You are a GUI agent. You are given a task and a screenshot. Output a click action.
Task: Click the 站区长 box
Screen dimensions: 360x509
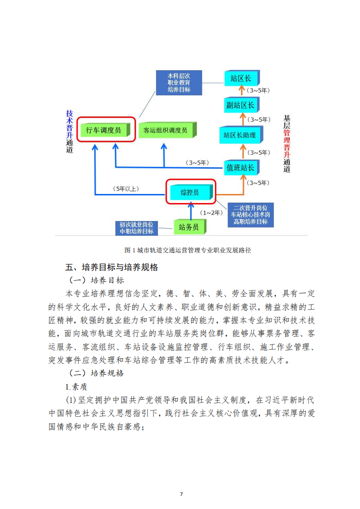[242, 78]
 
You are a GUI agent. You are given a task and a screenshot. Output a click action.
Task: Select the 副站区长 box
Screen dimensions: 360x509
[242, 105]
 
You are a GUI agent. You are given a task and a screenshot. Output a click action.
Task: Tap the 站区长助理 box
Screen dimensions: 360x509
[241, 135]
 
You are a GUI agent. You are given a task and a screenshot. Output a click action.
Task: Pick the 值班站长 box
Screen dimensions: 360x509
[242, 168]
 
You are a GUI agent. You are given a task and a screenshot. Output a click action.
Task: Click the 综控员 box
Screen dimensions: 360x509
[191, 192]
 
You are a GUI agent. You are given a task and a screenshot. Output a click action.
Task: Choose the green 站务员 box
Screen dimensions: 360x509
[190, 227]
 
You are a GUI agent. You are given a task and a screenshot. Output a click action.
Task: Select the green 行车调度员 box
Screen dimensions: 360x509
[105, 130]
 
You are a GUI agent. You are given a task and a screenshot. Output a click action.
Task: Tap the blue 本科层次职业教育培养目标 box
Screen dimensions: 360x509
[179, 83]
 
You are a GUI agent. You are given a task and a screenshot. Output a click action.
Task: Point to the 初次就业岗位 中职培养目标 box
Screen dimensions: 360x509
[136, 228]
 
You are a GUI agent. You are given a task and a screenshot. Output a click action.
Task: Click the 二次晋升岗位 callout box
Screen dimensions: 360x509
[251, 215]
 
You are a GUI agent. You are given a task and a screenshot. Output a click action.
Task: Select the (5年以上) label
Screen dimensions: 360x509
[126, 189]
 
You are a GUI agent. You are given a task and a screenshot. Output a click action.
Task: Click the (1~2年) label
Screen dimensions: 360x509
[211, 213]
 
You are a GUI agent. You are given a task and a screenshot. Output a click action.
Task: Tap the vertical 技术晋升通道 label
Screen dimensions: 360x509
[69, 131]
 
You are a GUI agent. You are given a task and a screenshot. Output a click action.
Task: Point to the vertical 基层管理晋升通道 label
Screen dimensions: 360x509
[287, 143]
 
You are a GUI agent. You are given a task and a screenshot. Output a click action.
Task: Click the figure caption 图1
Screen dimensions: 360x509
[188, 250]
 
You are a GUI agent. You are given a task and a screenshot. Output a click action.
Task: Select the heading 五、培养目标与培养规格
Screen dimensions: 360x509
[112, 267]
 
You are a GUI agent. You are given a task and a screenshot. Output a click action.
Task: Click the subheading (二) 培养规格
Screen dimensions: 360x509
[97, 373]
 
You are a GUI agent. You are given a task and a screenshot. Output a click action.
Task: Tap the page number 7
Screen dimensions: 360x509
[181, 494]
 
